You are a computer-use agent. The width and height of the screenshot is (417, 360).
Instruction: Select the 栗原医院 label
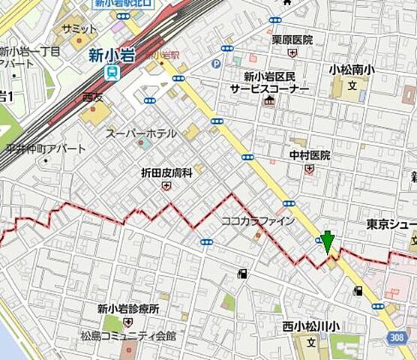tap(292, 40)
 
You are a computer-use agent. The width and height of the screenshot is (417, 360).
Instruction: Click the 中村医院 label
tap(310, 155)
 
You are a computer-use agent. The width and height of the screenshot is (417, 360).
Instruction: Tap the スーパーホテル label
tap(141, 133)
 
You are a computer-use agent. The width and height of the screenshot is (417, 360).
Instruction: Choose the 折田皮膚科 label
tap(166, 172)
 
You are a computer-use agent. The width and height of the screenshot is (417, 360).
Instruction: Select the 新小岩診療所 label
tap(128, 308)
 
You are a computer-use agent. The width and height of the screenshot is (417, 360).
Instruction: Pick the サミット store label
tap(75, 27)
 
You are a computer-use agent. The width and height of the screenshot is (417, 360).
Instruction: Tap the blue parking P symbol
tap(217, 64)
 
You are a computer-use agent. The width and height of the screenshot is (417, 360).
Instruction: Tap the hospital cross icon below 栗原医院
tap(292, 52)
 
